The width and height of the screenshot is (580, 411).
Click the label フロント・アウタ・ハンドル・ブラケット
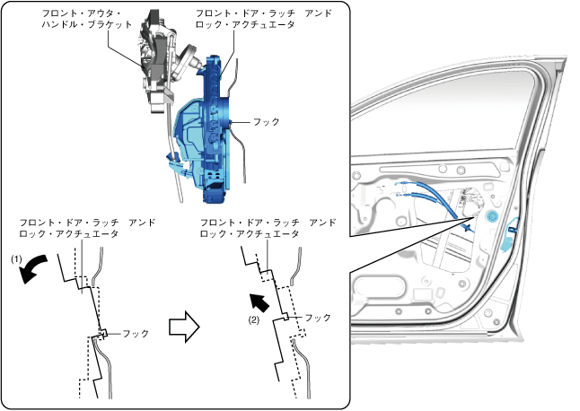point(87,19)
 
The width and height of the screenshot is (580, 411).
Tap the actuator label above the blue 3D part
point(264,19)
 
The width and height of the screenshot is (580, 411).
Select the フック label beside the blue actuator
point(266,122)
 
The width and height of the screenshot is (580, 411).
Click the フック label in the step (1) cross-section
point(136,334)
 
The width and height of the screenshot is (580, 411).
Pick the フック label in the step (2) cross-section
point(317,318)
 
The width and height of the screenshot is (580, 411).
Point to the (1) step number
point(16,259)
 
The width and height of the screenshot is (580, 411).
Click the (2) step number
point(254,319)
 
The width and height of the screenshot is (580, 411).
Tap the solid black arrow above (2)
point(259,302)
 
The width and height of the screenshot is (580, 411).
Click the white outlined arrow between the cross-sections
point(184,327)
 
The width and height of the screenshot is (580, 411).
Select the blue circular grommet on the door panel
point(492,216)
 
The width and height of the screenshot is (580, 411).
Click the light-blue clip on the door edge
point(510,234)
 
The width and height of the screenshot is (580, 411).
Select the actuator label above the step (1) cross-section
point(87,228)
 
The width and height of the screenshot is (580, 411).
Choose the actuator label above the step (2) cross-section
point(268,228)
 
